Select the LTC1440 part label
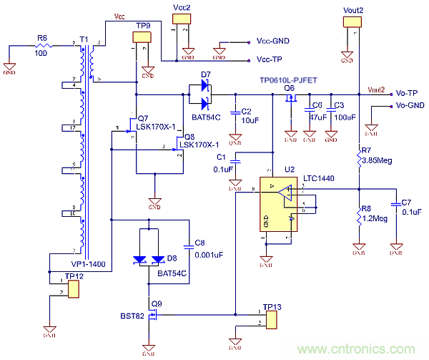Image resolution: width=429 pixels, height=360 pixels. click(x=318, y=177)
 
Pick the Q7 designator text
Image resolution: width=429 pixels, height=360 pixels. click(x=142, y=118)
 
